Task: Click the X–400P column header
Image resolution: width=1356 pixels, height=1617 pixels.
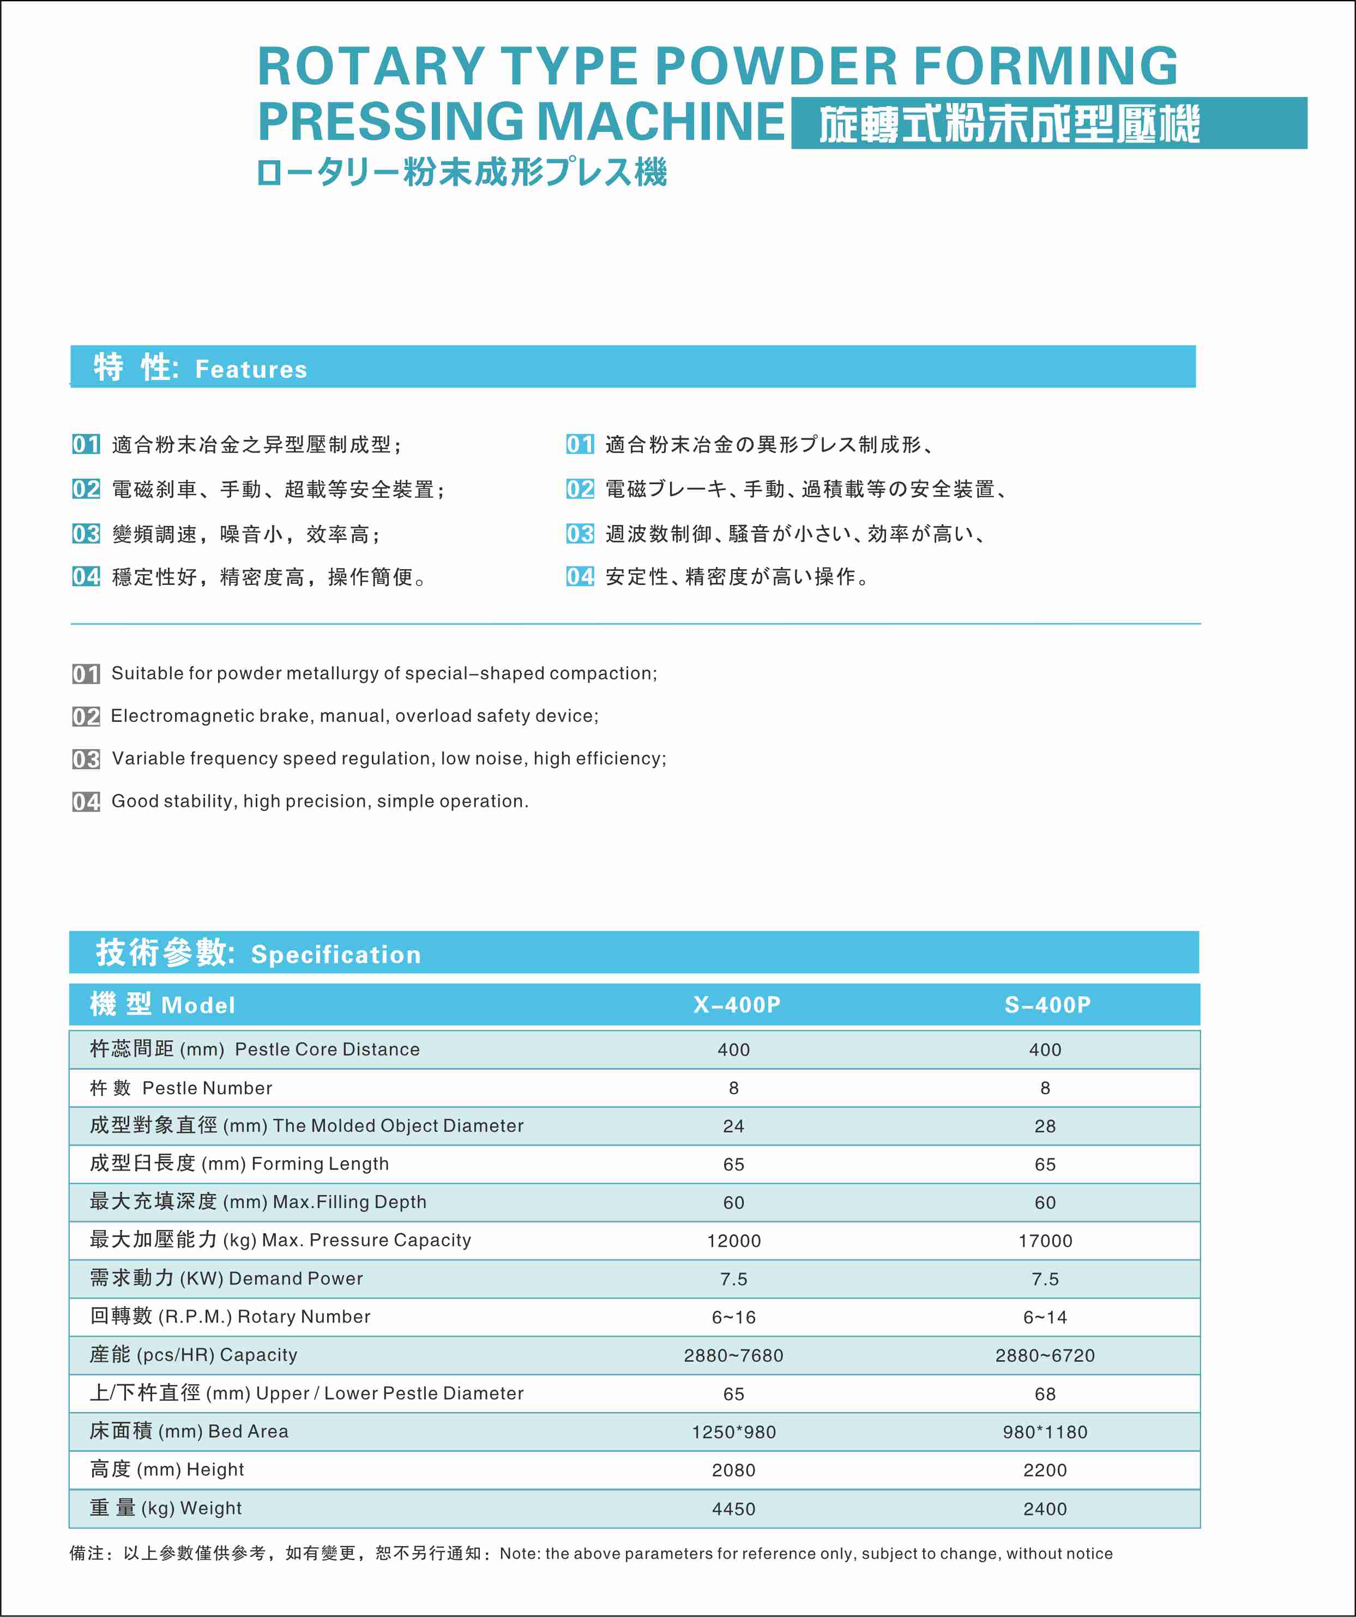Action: tap(737, 1005)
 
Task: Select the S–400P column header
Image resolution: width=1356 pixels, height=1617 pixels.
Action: tap(1047, 1005)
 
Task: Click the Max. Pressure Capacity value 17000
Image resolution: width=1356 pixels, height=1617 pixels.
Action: tap(1045, 1240)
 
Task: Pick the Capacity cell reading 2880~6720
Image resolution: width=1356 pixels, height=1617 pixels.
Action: tap(1045, 1355)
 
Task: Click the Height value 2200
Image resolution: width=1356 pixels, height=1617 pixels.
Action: tap(1045, 1470)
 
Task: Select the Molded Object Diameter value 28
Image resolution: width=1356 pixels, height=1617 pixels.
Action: tap(1045, 1126)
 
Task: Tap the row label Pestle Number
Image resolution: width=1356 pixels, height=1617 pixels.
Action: tap(207, 1088)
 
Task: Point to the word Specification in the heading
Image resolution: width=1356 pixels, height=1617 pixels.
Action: tap(336, 955)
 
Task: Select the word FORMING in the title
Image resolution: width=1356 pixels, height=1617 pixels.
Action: tap(1046, 66)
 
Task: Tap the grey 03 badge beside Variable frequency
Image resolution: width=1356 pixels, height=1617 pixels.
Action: tap(86, 759)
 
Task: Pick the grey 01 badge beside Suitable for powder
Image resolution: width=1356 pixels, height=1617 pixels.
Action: tap(86, 674)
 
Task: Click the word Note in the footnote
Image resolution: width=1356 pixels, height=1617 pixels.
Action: tap(518, 1553)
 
